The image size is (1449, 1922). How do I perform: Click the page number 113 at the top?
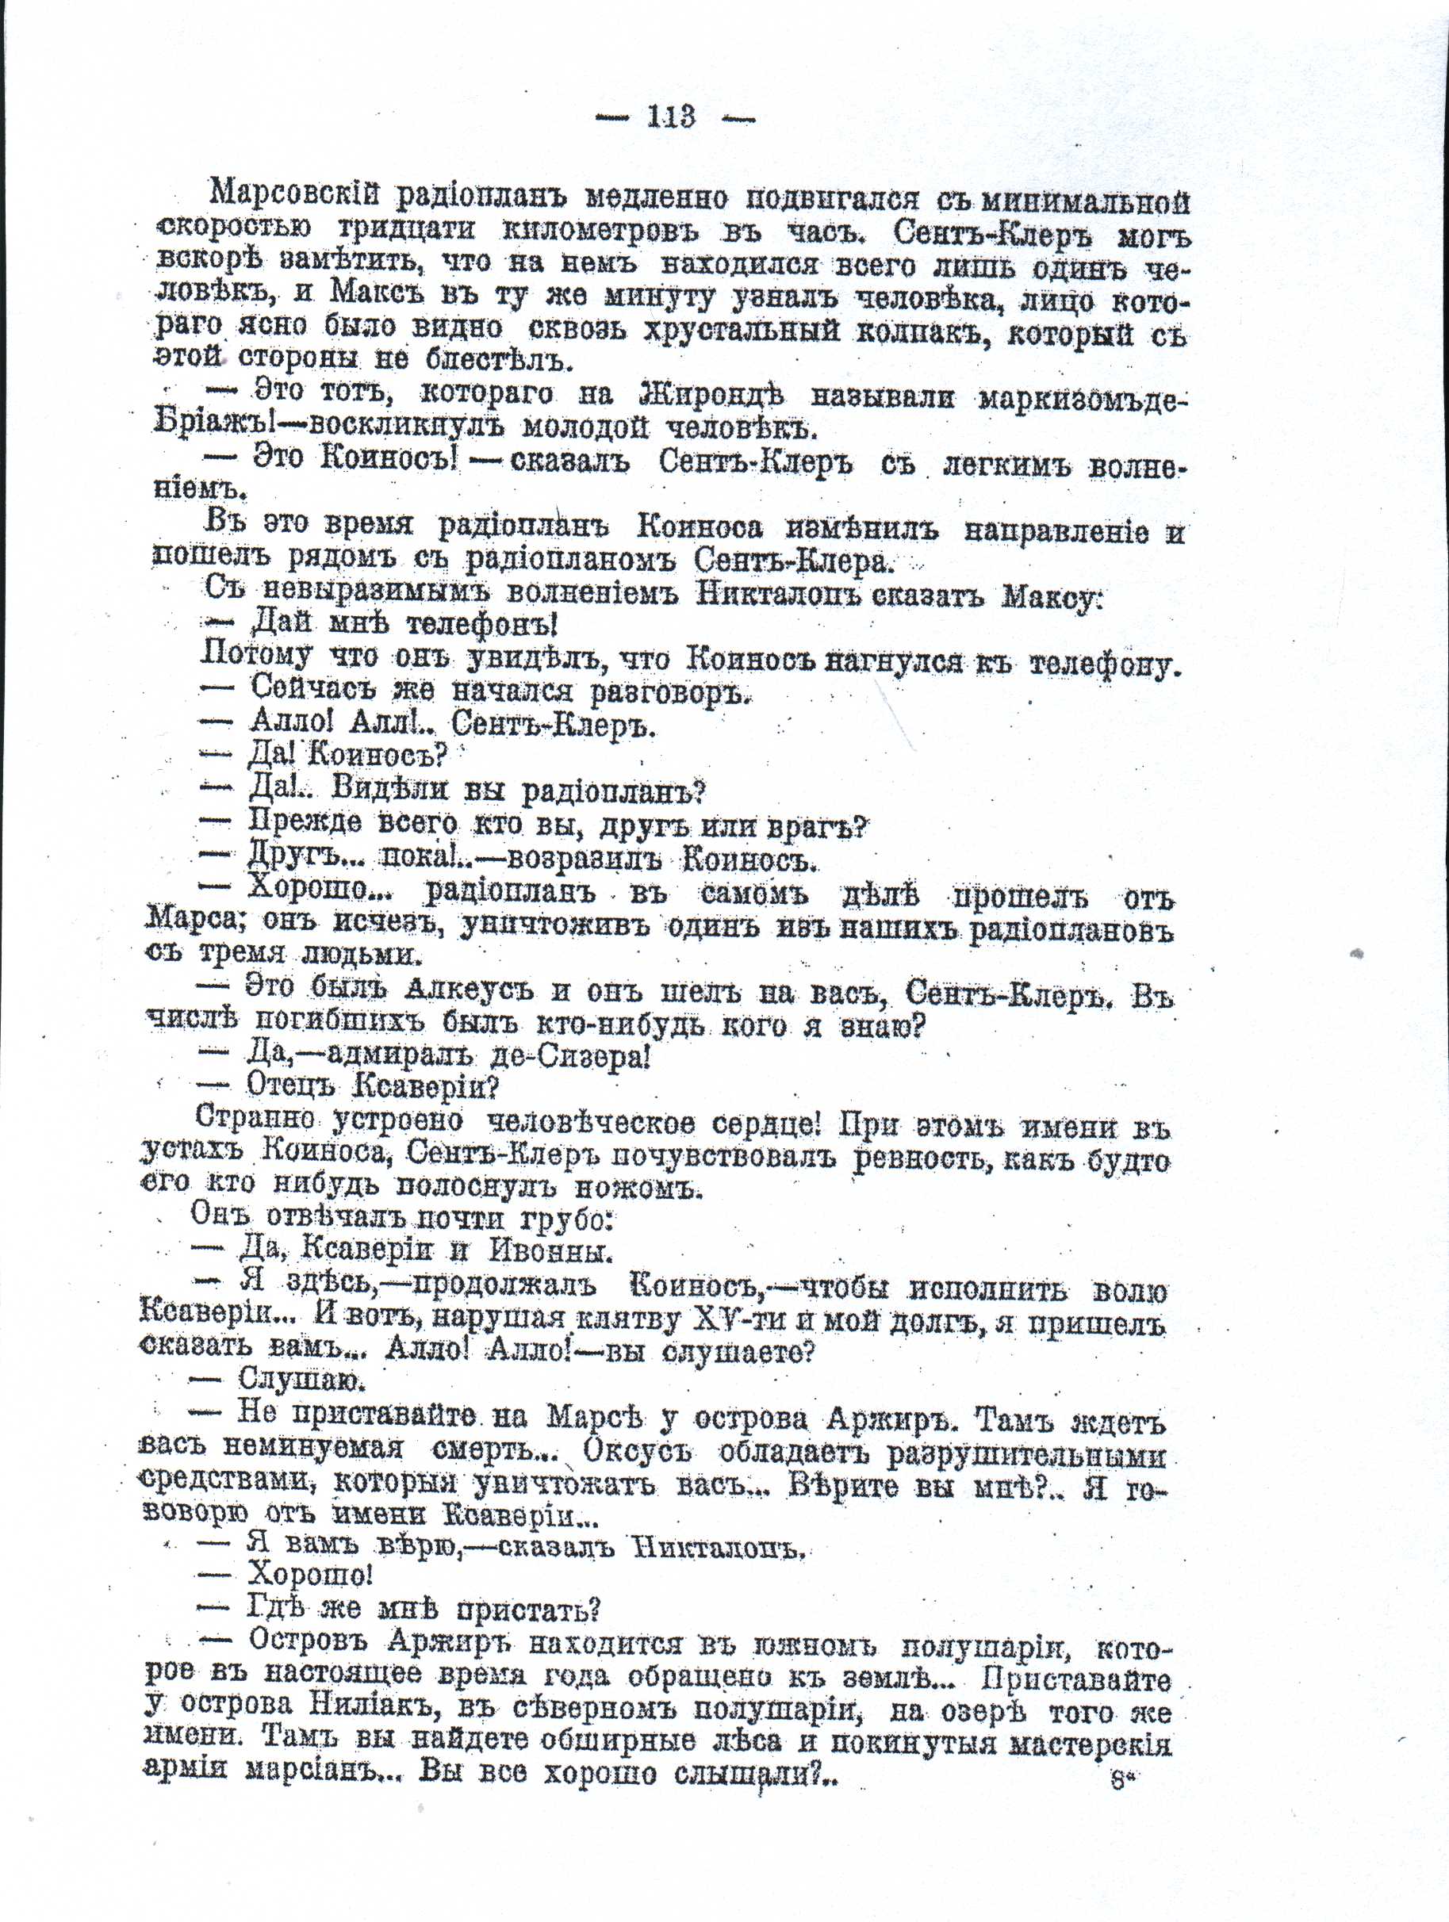[671, 117]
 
